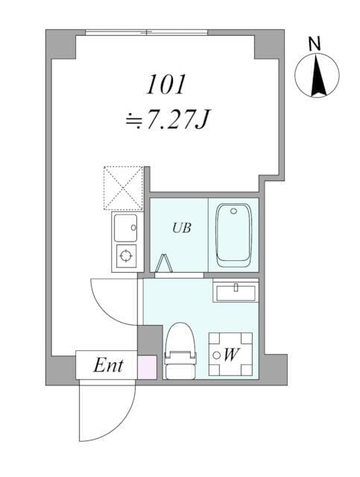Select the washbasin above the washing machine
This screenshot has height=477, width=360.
click(x=235, y=291)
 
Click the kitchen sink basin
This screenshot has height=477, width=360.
click(x=126, y=227)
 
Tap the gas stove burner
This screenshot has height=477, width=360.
click(x=126, y=256)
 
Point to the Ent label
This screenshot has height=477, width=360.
click(x=108, y=366)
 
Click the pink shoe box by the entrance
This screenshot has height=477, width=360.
click(x=148, y=368)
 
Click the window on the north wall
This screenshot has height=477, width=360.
click(x=146, y=32)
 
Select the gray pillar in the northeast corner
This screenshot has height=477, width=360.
click(x=268, y=45)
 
